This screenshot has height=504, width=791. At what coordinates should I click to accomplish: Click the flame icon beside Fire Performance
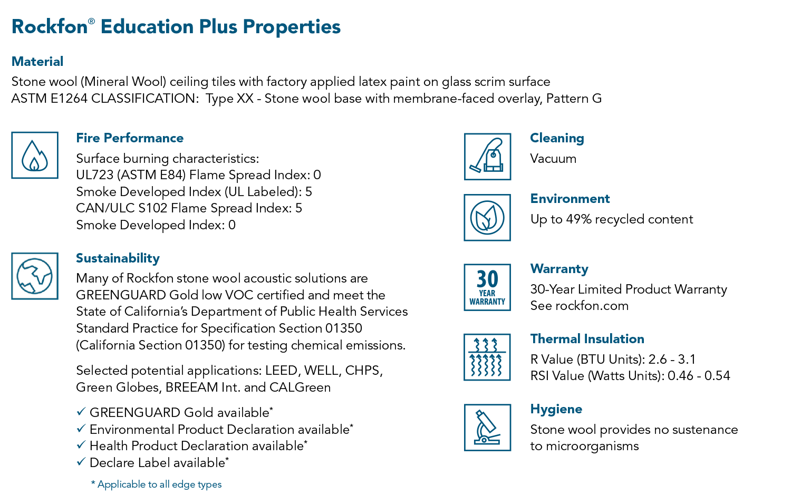point(35,156)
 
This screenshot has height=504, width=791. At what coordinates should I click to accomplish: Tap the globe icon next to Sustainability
point(35,276)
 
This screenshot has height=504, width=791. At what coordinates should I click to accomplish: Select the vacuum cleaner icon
point(487,157)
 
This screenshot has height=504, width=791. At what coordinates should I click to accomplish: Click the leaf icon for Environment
point(487,217)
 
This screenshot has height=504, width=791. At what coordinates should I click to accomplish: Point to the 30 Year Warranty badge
point(487,287)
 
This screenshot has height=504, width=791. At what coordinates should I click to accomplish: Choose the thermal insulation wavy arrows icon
point(487,357)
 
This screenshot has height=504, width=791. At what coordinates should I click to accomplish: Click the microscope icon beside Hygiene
point(487,428)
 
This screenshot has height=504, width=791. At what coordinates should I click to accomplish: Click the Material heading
point(37,61)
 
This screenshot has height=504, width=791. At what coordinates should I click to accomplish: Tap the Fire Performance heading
point(130,138)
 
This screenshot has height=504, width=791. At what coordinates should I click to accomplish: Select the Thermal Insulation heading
point(587,339)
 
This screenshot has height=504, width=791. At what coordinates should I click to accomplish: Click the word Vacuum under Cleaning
point(553,159)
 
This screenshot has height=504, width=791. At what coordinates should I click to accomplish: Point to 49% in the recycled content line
point(579,219)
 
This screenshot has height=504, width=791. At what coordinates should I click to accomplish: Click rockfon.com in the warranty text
point(592,306)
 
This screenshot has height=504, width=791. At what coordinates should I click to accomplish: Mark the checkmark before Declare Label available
point(81,461)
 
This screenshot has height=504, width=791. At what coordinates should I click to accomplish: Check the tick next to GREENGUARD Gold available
point(81,411)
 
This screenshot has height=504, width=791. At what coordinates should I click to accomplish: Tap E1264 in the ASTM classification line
point(69,99)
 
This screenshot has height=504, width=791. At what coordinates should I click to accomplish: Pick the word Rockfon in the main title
point(50,26)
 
